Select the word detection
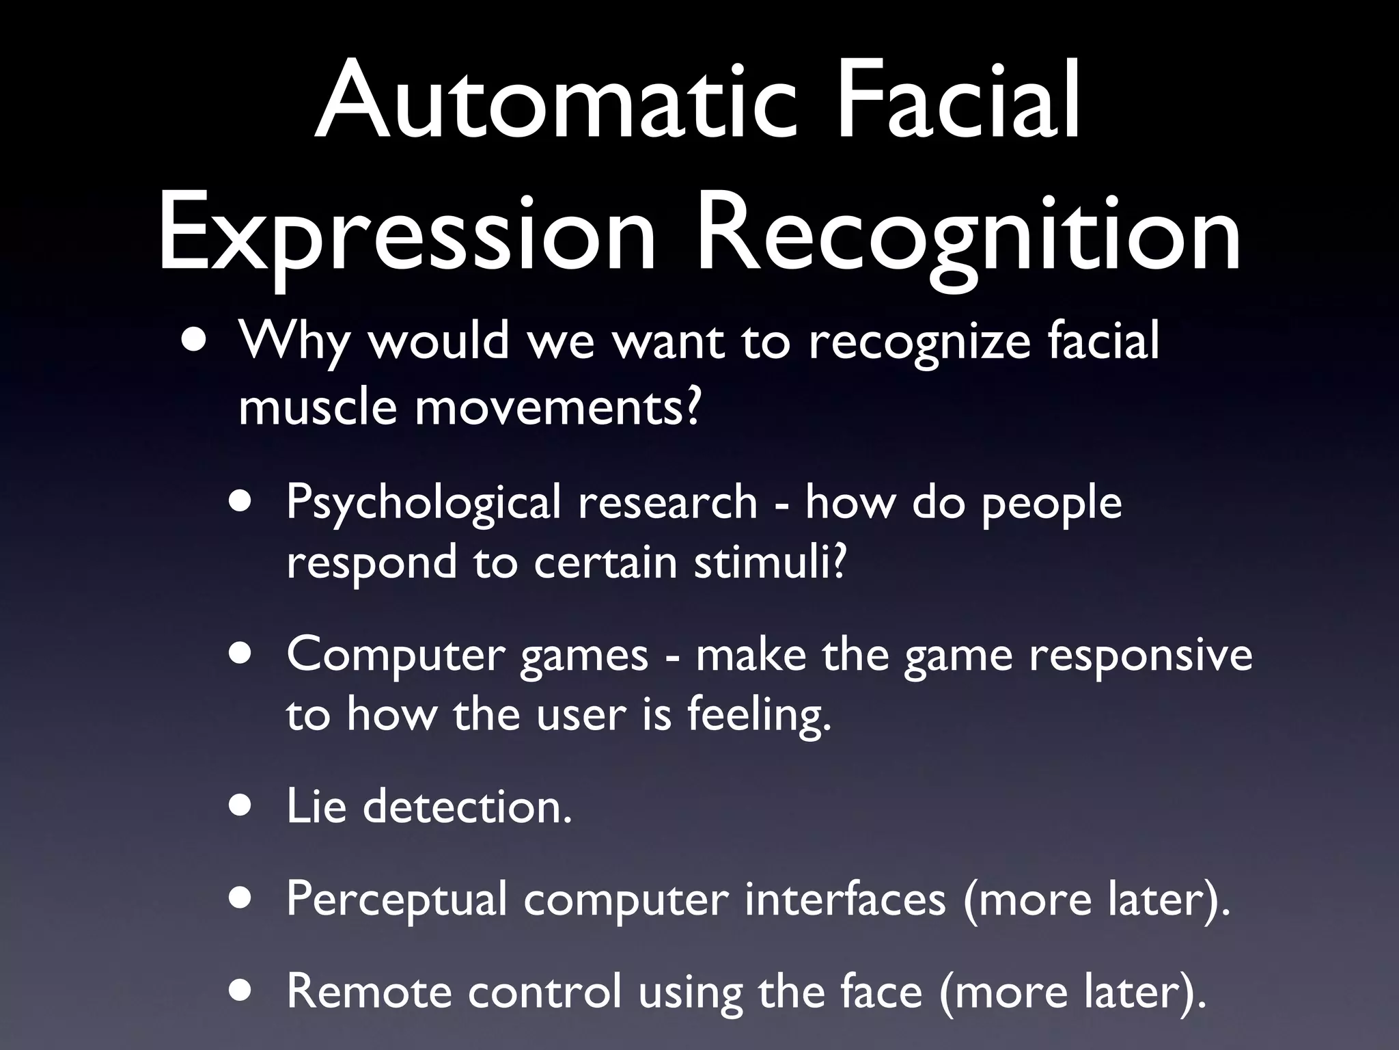(x=467, y=807)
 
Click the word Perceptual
(x=397, y=898)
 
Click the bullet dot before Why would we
(x=193, y=340)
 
